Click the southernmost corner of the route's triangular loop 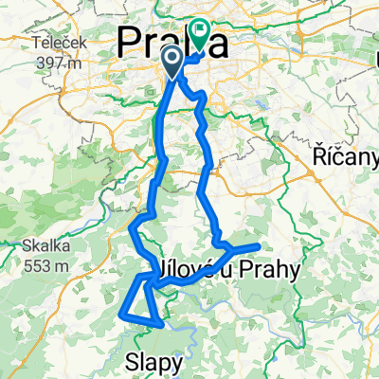(x=160, y=324)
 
